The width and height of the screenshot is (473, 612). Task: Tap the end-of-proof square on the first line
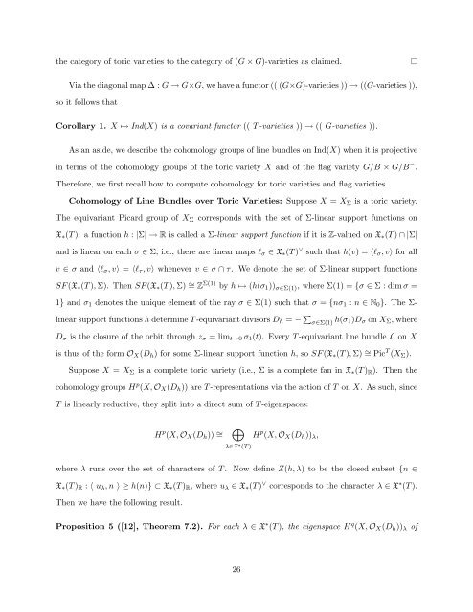tap(413, 35)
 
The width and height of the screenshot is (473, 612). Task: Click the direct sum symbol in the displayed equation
tap(236, 439)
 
